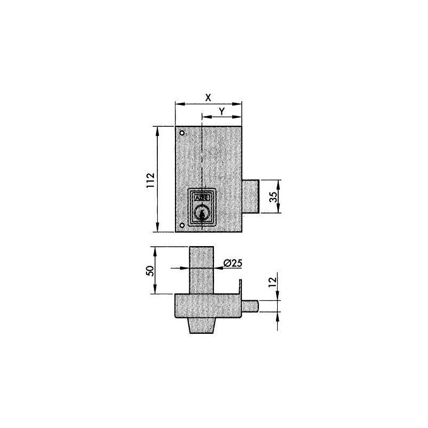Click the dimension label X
point(209,97)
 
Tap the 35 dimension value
point(273,196)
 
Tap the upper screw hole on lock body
point(182,133)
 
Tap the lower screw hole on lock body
point(182,226)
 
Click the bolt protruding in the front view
point(251,196)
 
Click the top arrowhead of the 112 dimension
point(157,129)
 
